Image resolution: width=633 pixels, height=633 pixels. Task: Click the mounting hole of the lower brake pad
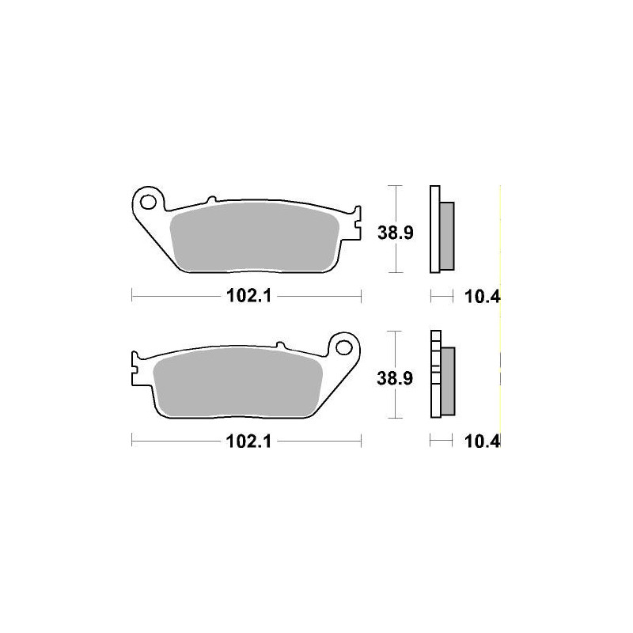point(344,347)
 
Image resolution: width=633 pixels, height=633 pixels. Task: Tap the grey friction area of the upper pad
point(253,237)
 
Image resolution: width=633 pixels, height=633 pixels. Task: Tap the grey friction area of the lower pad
point(237,383)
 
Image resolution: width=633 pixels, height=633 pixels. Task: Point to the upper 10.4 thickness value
point(484,297)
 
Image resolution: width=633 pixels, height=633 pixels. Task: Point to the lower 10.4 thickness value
point(484,442)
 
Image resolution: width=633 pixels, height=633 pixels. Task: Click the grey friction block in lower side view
point(448,381)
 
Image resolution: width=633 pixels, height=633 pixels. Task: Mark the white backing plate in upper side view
point(434,229)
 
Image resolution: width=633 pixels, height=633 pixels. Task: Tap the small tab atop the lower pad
point(279,344)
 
